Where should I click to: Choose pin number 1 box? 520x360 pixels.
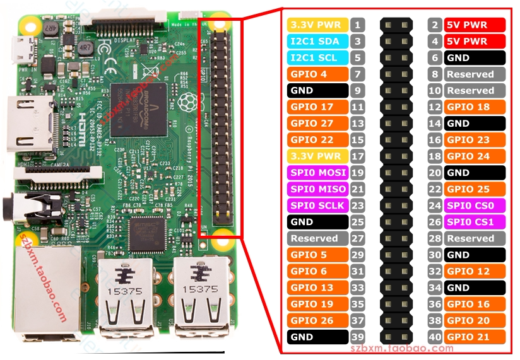358,25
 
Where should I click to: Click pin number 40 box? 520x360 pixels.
435,337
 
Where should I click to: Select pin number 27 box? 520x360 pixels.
358,238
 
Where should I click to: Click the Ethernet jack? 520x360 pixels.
38,290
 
